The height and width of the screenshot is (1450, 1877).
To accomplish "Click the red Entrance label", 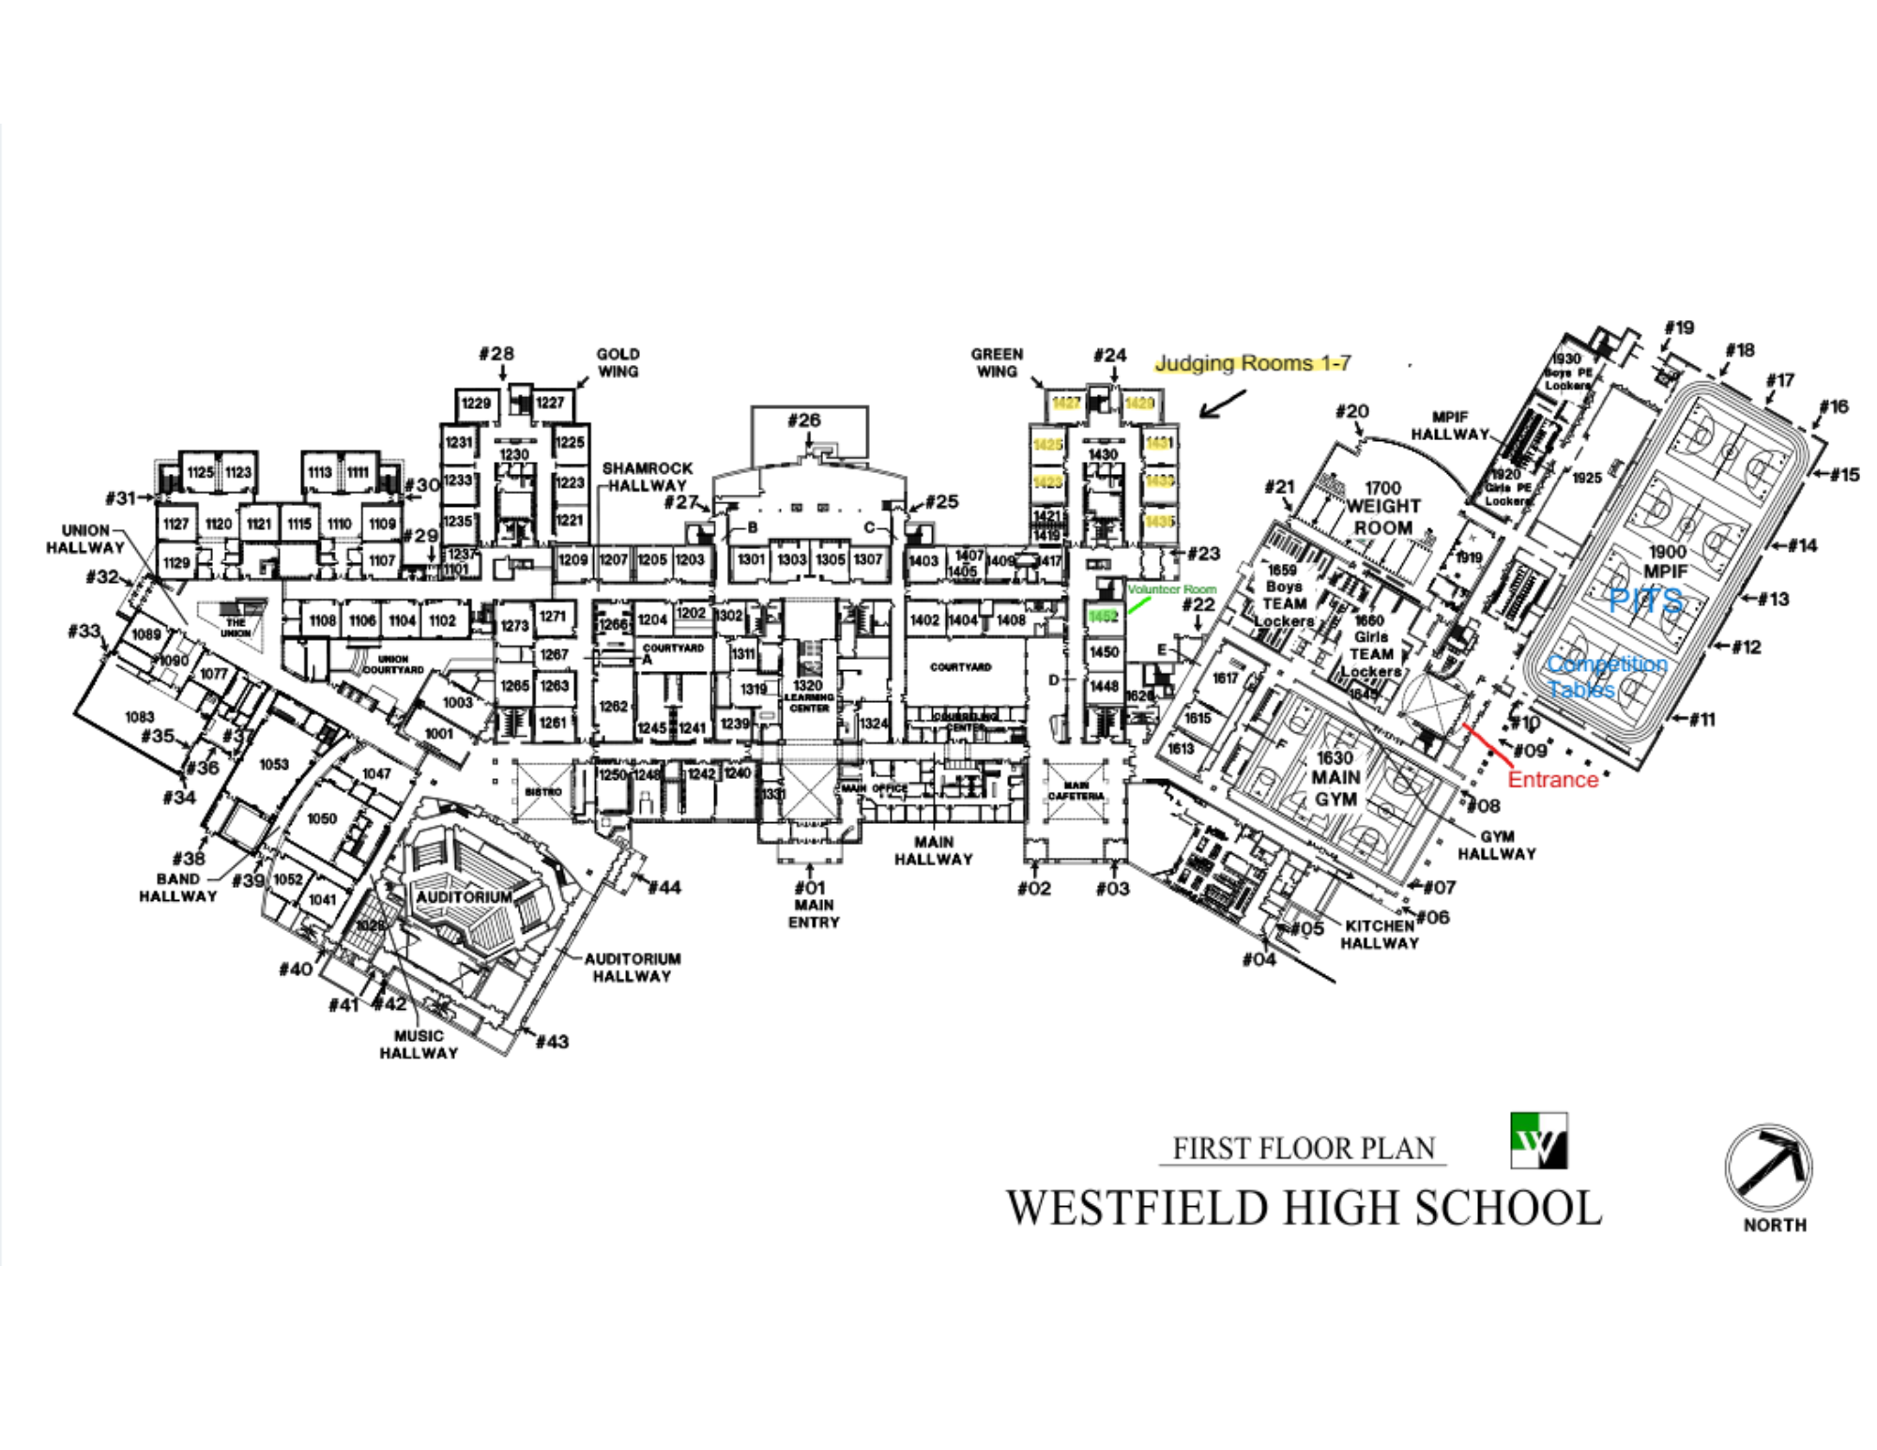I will point(1552,779).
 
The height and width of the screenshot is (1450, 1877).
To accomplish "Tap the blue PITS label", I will point(1645,600).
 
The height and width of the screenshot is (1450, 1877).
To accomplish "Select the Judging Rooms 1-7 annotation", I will point(1252,363).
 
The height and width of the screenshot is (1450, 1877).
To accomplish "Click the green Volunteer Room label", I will point(1171,589).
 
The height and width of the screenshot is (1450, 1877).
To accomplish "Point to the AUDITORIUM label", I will point(464,896).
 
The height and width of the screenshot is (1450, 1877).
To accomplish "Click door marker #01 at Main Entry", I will point(810,888).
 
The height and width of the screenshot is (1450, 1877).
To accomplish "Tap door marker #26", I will point(804,420).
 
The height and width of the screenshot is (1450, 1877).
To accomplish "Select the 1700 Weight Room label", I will point(1382,508).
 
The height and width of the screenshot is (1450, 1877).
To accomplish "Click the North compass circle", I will point(1768,1168).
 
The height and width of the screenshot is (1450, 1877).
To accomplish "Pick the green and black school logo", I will point(1538,1140).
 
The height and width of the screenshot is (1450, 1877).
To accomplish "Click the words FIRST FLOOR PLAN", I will point(1304,1149).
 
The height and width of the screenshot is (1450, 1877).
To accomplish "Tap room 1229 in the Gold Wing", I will point(476,404).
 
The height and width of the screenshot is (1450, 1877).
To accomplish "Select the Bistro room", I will point(543,792).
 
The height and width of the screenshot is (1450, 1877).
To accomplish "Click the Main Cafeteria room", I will point(1076,791).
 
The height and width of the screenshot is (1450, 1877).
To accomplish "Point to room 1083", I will point(139,717).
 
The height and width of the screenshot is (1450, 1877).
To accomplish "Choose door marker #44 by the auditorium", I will point(664,887).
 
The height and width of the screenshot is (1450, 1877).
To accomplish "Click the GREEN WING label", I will point(997,362).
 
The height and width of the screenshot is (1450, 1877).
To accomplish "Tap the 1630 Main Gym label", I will point(1335,778).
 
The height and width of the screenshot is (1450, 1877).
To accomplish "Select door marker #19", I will point(1679,328).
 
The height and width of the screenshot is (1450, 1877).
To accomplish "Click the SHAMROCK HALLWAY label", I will point(647,477).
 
